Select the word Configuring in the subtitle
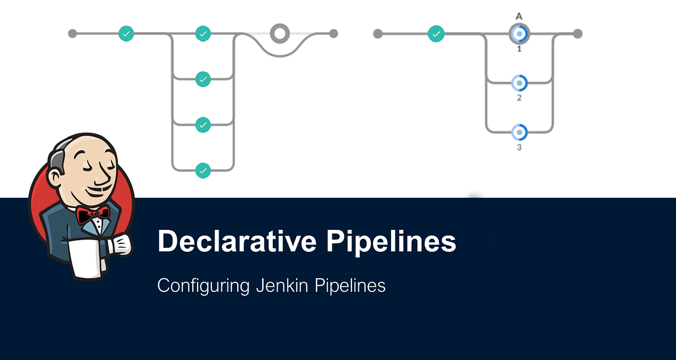point(203,286)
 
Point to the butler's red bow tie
point(94,215)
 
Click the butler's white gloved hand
point(120,245)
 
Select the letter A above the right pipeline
point(519,17)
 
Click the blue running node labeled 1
point(519,34)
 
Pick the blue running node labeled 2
point(519,83)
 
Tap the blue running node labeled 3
point(519,132)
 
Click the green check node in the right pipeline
point(435,34)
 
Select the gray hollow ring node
point(279,33)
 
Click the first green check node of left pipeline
point(127,34)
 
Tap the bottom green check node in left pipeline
point(203,170)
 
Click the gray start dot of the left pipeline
point(72,34)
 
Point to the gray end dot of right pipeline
point(577,34)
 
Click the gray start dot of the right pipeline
point(378,34)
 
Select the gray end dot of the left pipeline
point(333,34)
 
